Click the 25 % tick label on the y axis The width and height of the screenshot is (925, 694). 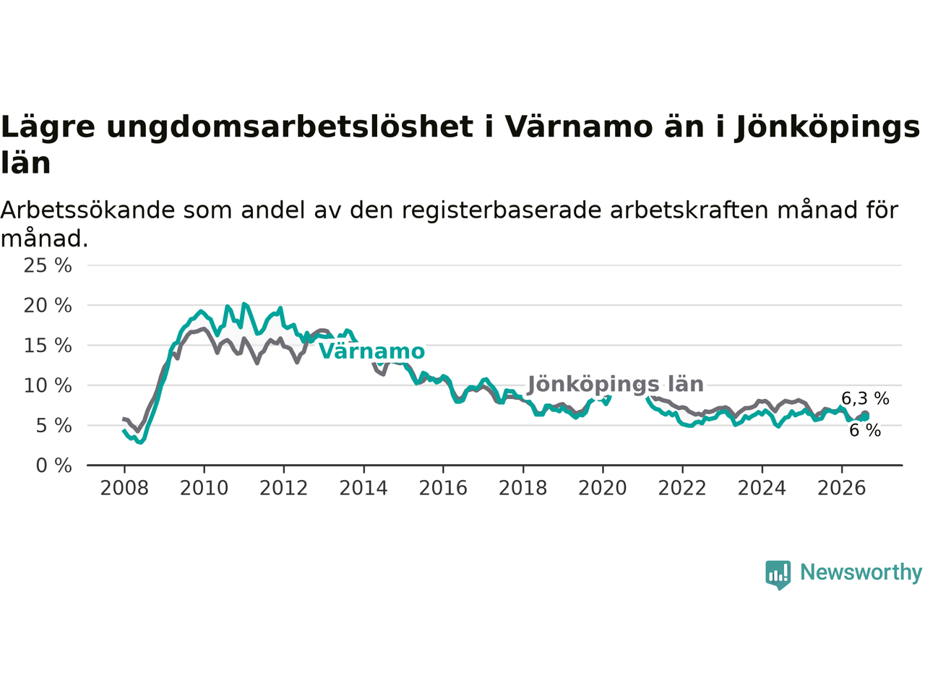tap(48, 266)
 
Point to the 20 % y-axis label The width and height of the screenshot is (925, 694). tap(48, 306)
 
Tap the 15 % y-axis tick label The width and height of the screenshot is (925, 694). tap(48, 346)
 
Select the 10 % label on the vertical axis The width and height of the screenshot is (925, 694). tap(48, 385)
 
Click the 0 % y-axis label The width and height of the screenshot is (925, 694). tap(54, 466)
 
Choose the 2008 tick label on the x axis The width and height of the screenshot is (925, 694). tap(124, 489)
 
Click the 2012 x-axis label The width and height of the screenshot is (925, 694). tap(283, 489)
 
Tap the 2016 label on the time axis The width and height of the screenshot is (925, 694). tap(443, 489)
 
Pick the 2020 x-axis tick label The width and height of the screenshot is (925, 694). tap(603, 489)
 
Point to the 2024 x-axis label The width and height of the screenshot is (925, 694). tap(762, 489)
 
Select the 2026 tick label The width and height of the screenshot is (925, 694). tap(842, 489)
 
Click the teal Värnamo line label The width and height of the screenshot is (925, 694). tap(371, 351)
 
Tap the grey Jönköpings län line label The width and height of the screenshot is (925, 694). tap(616, 385)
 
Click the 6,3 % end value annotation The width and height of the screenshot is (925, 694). tap(865, 398)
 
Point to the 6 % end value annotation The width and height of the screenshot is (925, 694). tap(865, 431)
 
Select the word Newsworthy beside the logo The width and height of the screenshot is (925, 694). tap(861, 573)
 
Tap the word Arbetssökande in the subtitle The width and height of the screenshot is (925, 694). tap(87, 210)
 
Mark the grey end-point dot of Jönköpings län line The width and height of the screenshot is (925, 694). tap(865, 415)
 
